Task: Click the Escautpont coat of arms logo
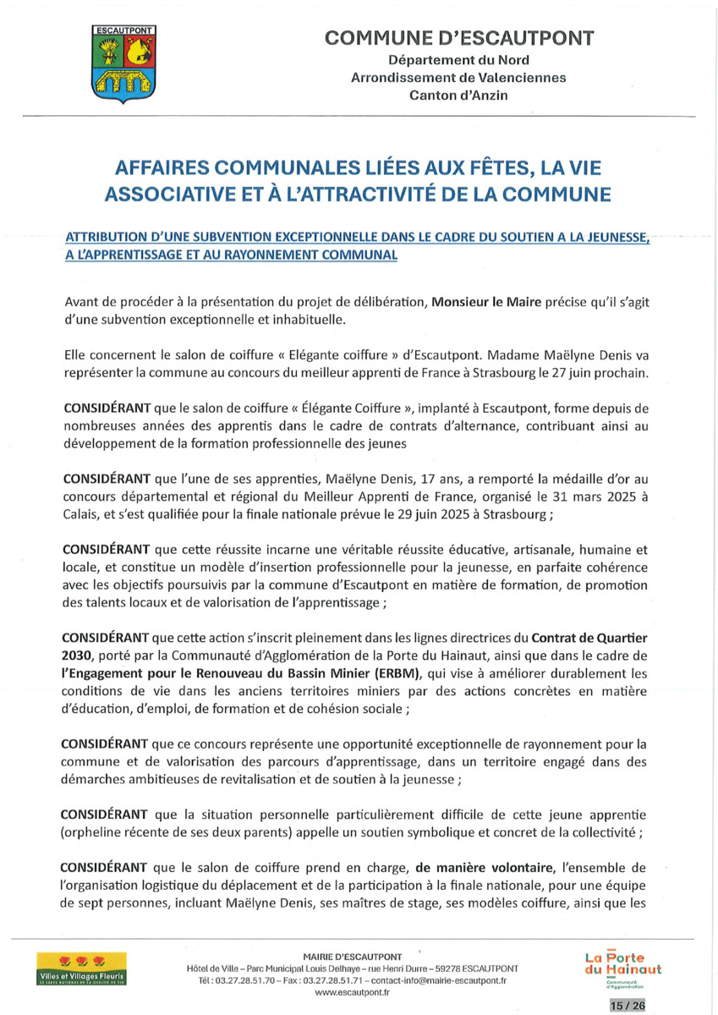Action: point(123,64)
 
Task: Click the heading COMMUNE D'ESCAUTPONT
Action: point(459,38)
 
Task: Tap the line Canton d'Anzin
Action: point(459,96)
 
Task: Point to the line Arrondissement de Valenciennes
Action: point(459,78)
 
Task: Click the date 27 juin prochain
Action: point(606,375)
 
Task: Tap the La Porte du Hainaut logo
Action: point(623,966)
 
